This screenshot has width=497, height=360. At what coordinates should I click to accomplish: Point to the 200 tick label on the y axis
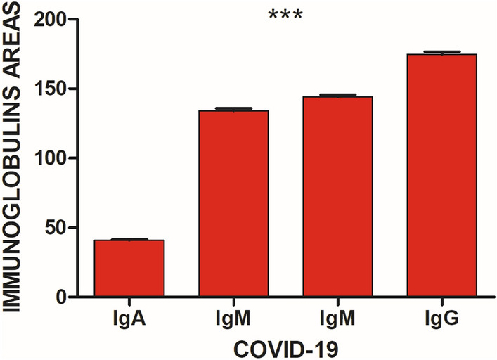[51, 20]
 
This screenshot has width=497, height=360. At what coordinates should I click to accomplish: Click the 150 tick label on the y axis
[51, 89]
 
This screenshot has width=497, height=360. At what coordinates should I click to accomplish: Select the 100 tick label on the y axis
[51, 158]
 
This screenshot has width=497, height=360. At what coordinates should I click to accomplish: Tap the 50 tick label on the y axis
[56, 228]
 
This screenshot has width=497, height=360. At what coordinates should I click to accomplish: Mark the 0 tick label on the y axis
[61, 297]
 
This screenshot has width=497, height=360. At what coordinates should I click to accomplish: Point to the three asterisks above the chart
[285, 15]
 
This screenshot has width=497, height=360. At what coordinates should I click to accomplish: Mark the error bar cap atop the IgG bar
[441, 52]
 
